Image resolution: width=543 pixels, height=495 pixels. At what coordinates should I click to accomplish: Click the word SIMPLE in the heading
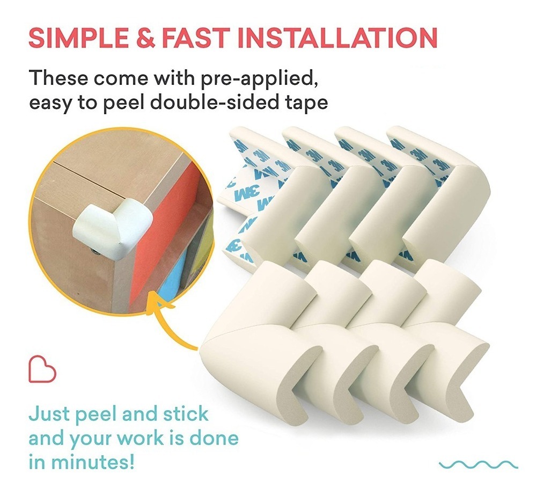click(x=79, y=38)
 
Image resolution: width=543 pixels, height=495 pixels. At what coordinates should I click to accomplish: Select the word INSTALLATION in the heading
click(x=337, y=38)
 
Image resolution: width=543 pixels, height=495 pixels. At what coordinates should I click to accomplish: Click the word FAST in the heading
click(x=196, y=38)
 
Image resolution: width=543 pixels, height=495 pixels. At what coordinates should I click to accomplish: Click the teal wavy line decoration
click(x=479, y=464)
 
